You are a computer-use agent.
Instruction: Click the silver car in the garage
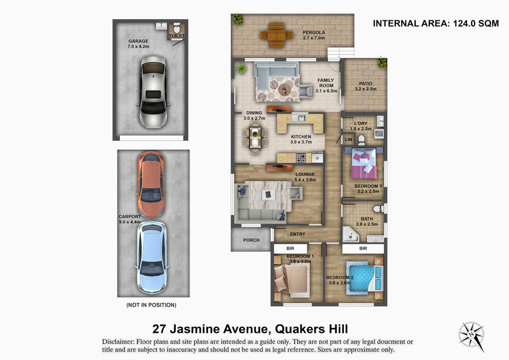pyautogui.click(x=153, y=92)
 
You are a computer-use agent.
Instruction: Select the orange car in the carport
pyautogui.click(x=151, y=184)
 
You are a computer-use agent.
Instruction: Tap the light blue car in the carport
pyautogui.click(x=152, y=258)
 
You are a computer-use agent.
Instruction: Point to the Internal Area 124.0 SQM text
pyautogui.click(x=435, y=23)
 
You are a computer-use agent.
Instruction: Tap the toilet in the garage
pyautogui.click(x=177, y=28)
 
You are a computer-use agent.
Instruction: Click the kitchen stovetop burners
pyautogui.click(x=301, y=158)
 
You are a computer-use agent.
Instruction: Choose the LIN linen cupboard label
pyautogui.click(x=348, y=140)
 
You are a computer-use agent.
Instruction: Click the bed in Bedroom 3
pyautogui.click(x=364, y=163)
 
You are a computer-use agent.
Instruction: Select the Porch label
pyautogui.click(x=251, y=240)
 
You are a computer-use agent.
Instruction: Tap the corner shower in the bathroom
pyautogui.click(x=351, y=234)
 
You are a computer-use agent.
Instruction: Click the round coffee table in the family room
pyautogui.click(x=284, y=89)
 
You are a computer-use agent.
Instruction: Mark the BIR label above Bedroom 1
pyautogui.click(x=290, y=249)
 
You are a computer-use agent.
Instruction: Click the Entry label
pyautogui.click(x=297, y=234)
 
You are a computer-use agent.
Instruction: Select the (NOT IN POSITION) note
pyautogui.click(x=151, y=305)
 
